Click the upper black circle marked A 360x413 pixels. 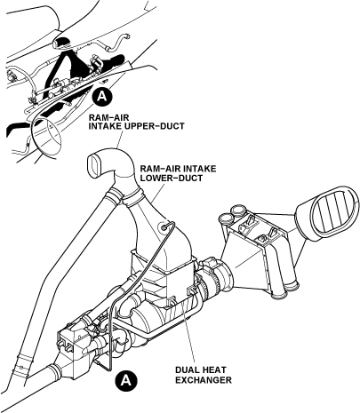101,97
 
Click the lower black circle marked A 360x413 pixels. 127,380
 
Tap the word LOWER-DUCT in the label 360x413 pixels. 172,179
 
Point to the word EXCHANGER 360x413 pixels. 204,380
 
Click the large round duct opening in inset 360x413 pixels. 47,135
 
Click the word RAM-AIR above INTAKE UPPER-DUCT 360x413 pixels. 105,116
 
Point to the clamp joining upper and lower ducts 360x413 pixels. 132,198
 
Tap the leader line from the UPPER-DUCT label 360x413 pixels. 119,139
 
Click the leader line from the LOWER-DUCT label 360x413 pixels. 157,193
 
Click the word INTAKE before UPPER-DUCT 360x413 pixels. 105,126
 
